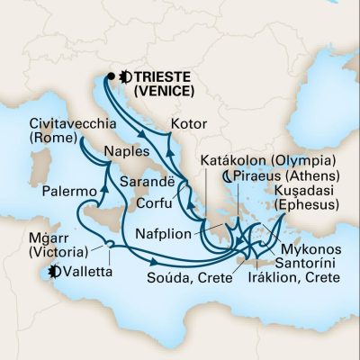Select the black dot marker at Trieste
click(112, 76)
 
